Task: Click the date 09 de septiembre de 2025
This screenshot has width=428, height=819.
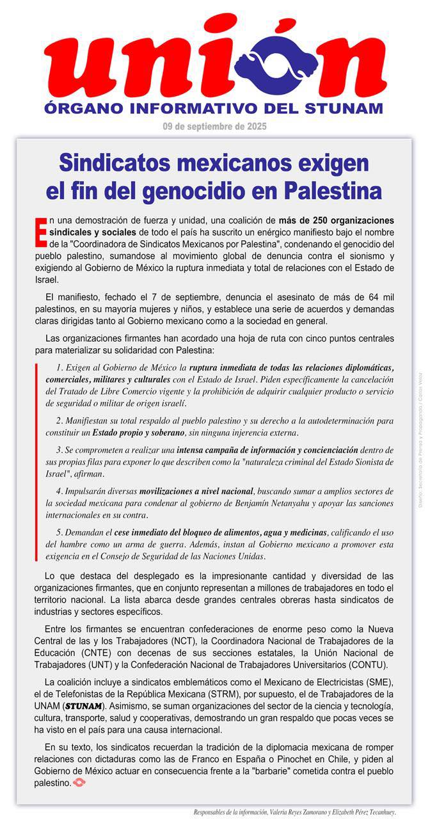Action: (214, 126)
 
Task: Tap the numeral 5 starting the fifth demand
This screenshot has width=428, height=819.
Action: (58, 533)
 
